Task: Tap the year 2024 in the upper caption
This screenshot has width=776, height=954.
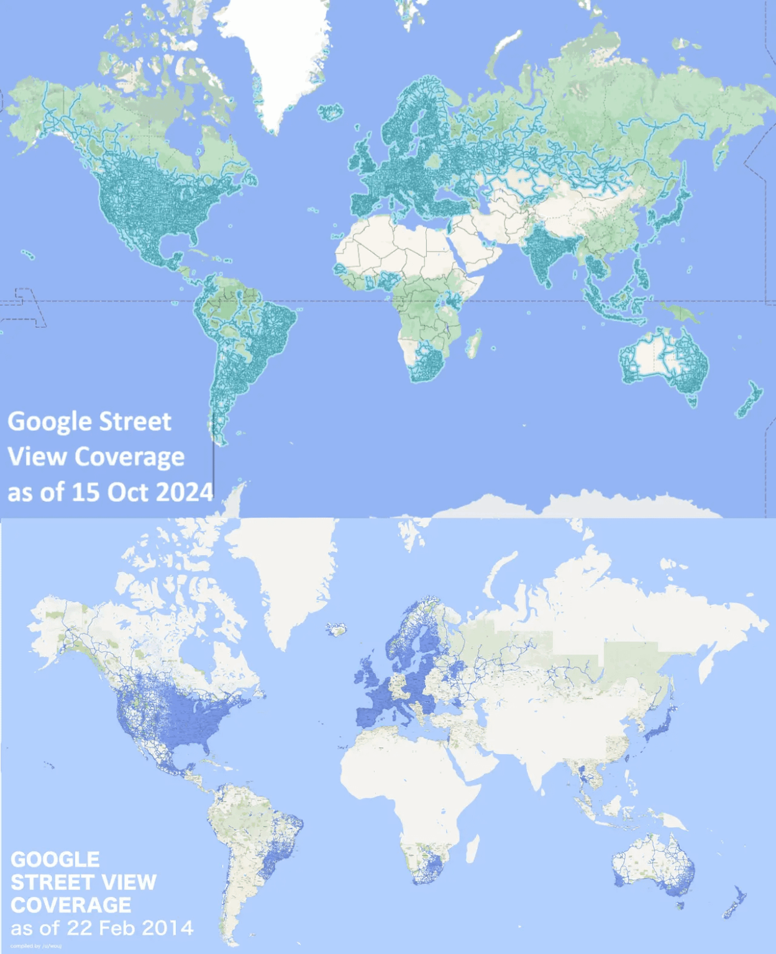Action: pyautogui.click(x=184, y=493)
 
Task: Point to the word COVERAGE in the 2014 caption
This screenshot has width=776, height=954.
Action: pyautogui.click(x=71, y=905)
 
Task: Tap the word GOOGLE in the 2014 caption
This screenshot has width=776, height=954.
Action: pyautogui.click(x=55, y=860)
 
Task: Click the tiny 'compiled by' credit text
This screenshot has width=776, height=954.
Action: pyautogui.click(x=36, y=946)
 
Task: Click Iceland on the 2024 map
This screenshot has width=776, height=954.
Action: pyautogui.click(x=331, y=112)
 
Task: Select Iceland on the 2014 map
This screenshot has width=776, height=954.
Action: pyautogui.click(x=337, y=630)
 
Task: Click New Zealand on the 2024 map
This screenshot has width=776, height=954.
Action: pyautogui.click(x=750, y=401)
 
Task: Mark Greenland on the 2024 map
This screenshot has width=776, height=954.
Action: pyautogui.click(x=283, y=56)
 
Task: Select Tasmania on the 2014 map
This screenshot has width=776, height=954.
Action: pyautogui.click(x=680, y=905)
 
